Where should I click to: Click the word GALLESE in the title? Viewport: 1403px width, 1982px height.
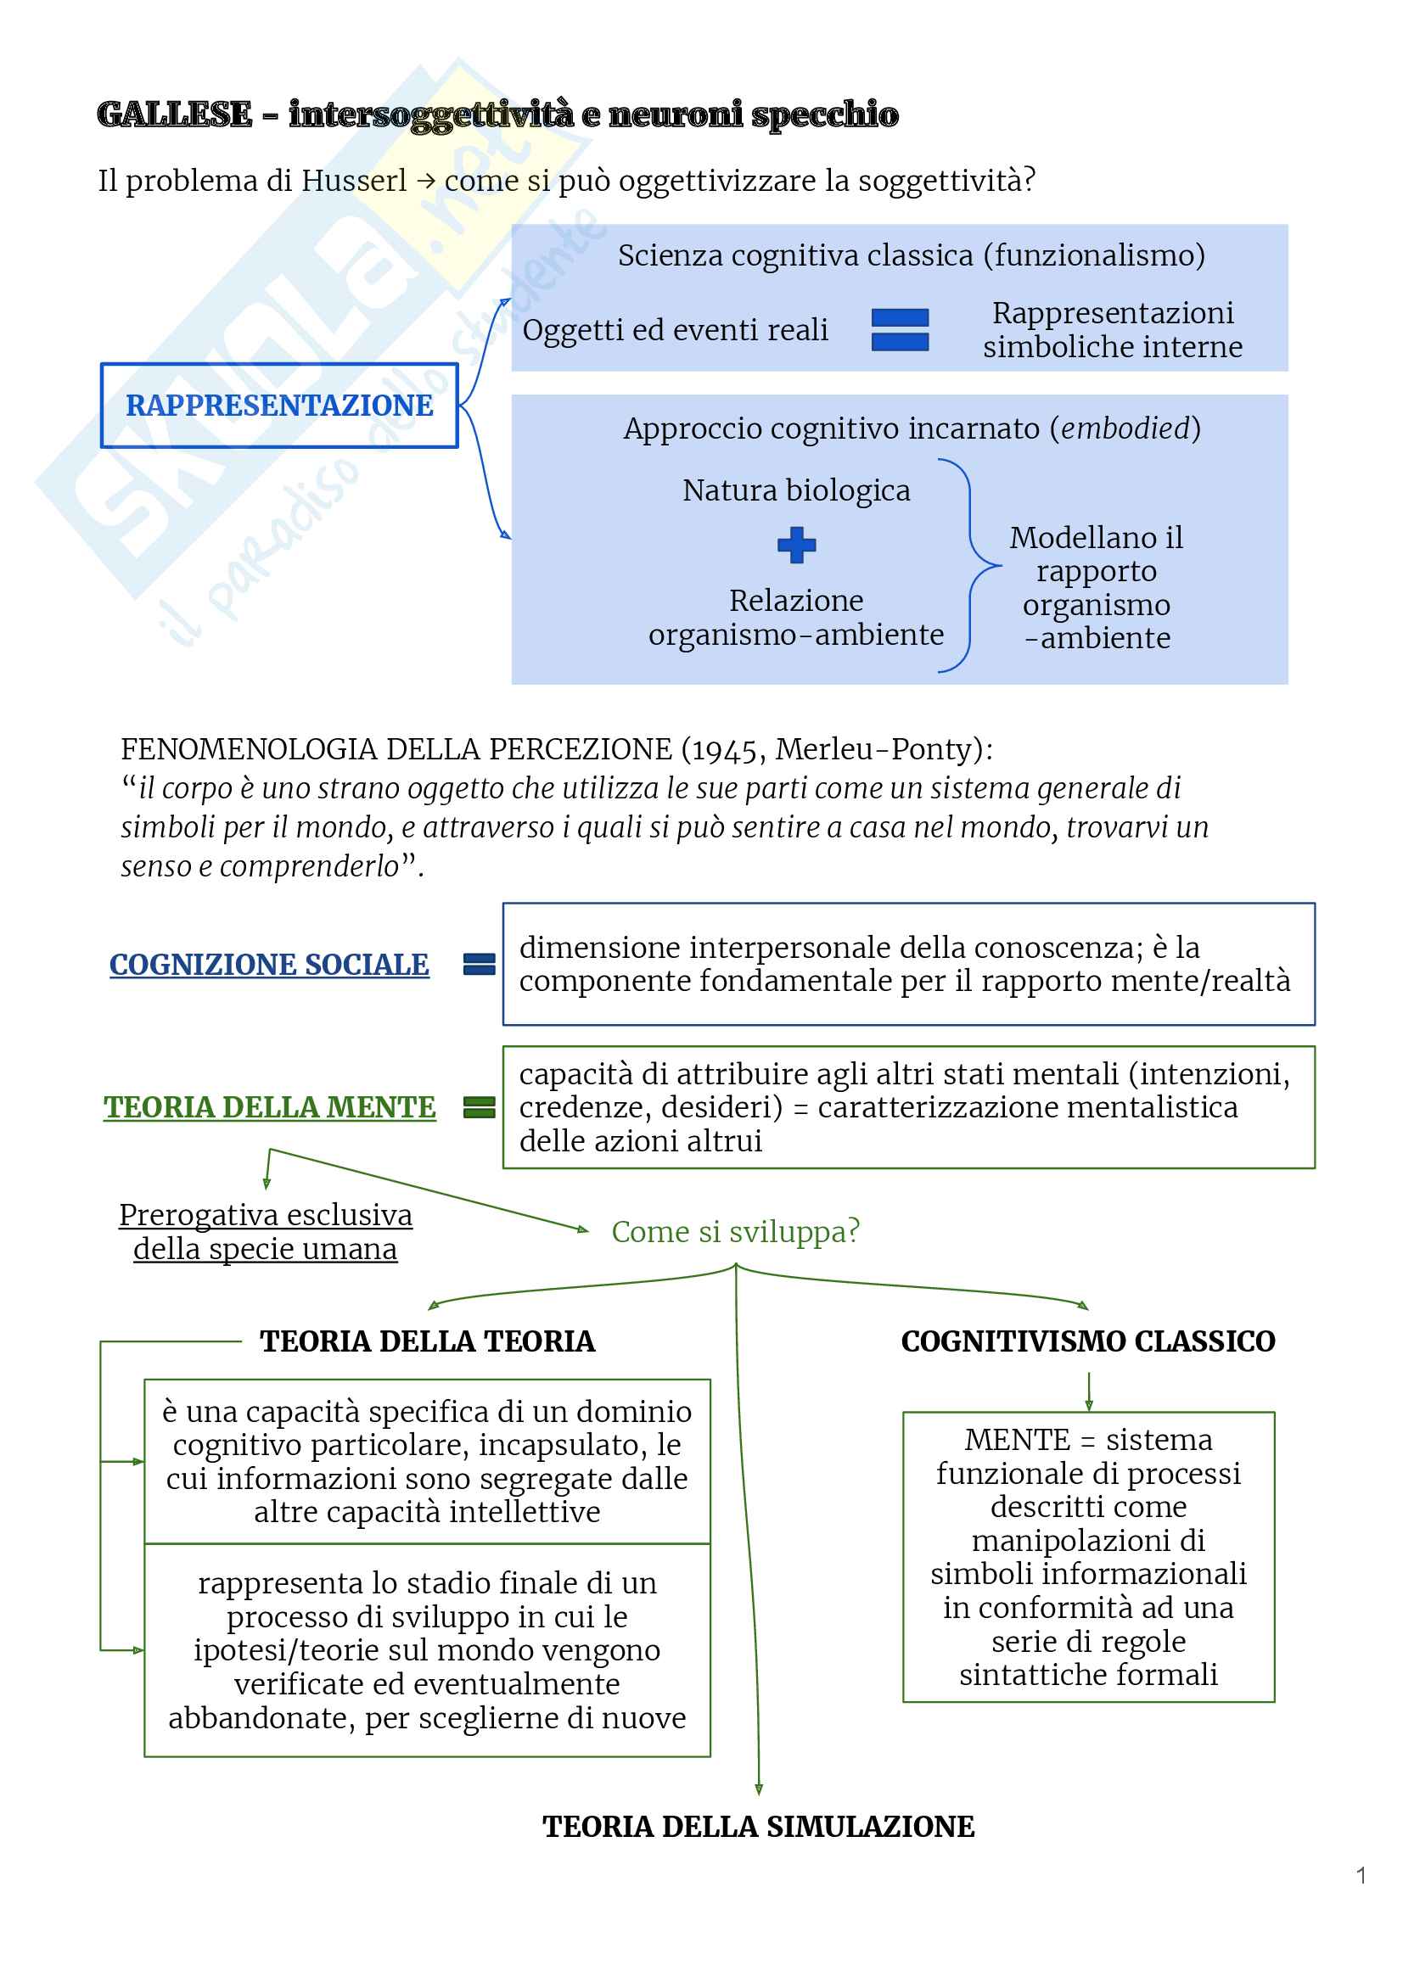pos(175,115)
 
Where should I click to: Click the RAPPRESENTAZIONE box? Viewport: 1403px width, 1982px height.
pos(279,405)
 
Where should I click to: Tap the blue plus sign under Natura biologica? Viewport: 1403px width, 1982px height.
pos(795,545)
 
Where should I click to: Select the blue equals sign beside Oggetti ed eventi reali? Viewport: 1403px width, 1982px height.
pos(900,330)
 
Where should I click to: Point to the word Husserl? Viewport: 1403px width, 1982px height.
pos(353,182)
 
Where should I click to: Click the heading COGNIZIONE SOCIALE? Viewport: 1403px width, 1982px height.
pos(269,965)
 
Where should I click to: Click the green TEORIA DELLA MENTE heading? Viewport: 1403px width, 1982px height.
pos(269,1107)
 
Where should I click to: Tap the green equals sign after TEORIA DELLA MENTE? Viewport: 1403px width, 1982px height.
pos(480,1107)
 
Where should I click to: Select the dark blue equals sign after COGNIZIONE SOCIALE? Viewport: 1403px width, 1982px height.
pos(480,965)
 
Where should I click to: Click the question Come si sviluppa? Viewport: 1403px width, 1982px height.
pos(735,1231)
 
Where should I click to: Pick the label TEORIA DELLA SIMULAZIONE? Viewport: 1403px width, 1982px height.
pos(759,1827)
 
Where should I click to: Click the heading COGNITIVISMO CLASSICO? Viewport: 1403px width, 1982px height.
pos(1087,1341)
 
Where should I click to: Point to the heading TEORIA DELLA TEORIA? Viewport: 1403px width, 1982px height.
pos(427,1341)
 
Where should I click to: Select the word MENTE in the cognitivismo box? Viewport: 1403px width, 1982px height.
pos(1017,1440)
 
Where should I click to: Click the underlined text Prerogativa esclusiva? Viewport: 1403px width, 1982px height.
pos(265,1215)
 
